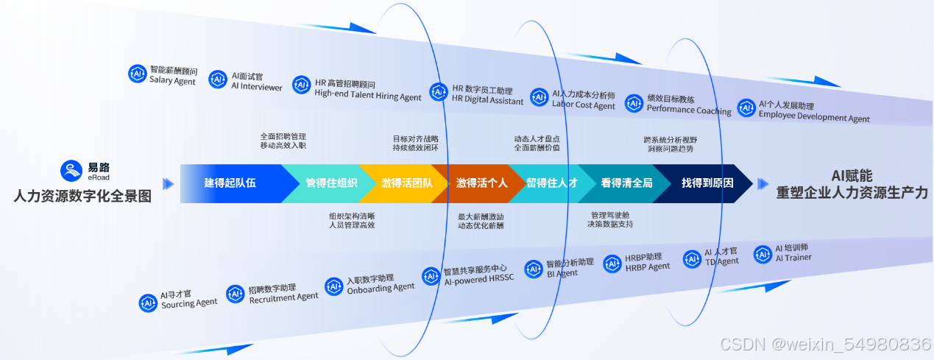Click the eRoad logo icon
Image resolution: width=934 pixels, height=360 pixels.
click(x=71, y=171)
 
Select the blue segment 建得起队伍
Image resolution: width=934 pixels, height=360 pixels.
click(x=230, y=183)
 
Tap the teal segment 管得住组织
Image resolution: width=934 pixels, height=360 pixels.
click(x=331, y=183)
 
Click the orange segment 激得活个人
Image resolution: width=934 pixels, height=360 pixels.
click(x=481, y=183)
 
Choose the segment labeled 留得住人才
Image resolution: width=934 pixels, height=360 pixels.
click(x=551, y=183)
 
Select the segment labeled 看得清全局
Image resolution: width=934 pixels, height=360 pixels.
click(x=626, y=183)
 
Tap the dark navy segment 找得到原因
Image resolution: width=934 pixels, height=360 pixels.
click(x=707, y=183)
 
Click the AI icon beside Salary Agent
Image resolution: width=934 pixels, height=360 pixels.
click(x=137, y=74)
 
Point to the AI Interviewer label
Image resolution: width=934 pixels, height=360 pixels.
click(x=256, y=82)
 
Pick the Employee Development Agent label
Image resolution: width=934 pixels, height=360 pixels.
click(x=813, y=112)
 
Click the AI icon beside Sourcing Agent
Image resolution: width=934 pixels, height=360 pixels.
click(x=149, y=303)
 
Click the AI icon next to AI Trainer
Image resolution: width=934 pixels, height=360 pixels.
click(x=763, y=254)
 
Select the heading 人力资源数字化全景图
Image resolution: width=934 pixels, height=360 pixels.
click(x=82, y=196)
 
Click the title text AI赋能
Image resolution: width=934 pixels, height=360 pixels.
click(x=852, y=176)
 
